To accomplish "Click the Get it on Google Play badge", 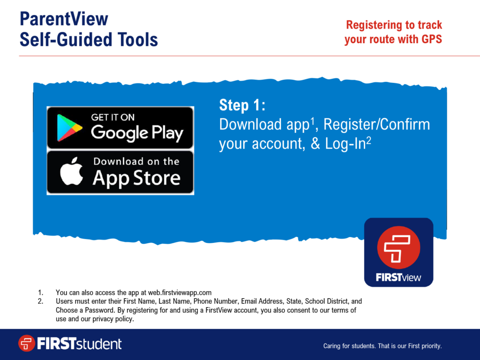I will (120, 128).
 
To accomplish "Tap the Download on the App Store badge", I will (120, 172).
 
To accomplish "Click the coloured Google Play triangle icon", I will (69, 128).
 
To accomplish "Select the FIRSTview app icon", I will (398, 252).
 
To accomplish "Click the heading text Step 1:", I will (242, 105).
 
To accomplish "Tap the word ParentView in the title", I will (64, 19).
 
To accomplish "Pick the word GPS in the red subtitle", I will (431, 39).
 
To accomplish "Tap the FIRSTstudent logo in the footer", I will (70, 344).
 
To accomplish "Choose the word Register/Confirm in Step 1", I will (376, 125).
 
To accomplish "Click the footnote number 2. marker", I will (41, 301).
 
